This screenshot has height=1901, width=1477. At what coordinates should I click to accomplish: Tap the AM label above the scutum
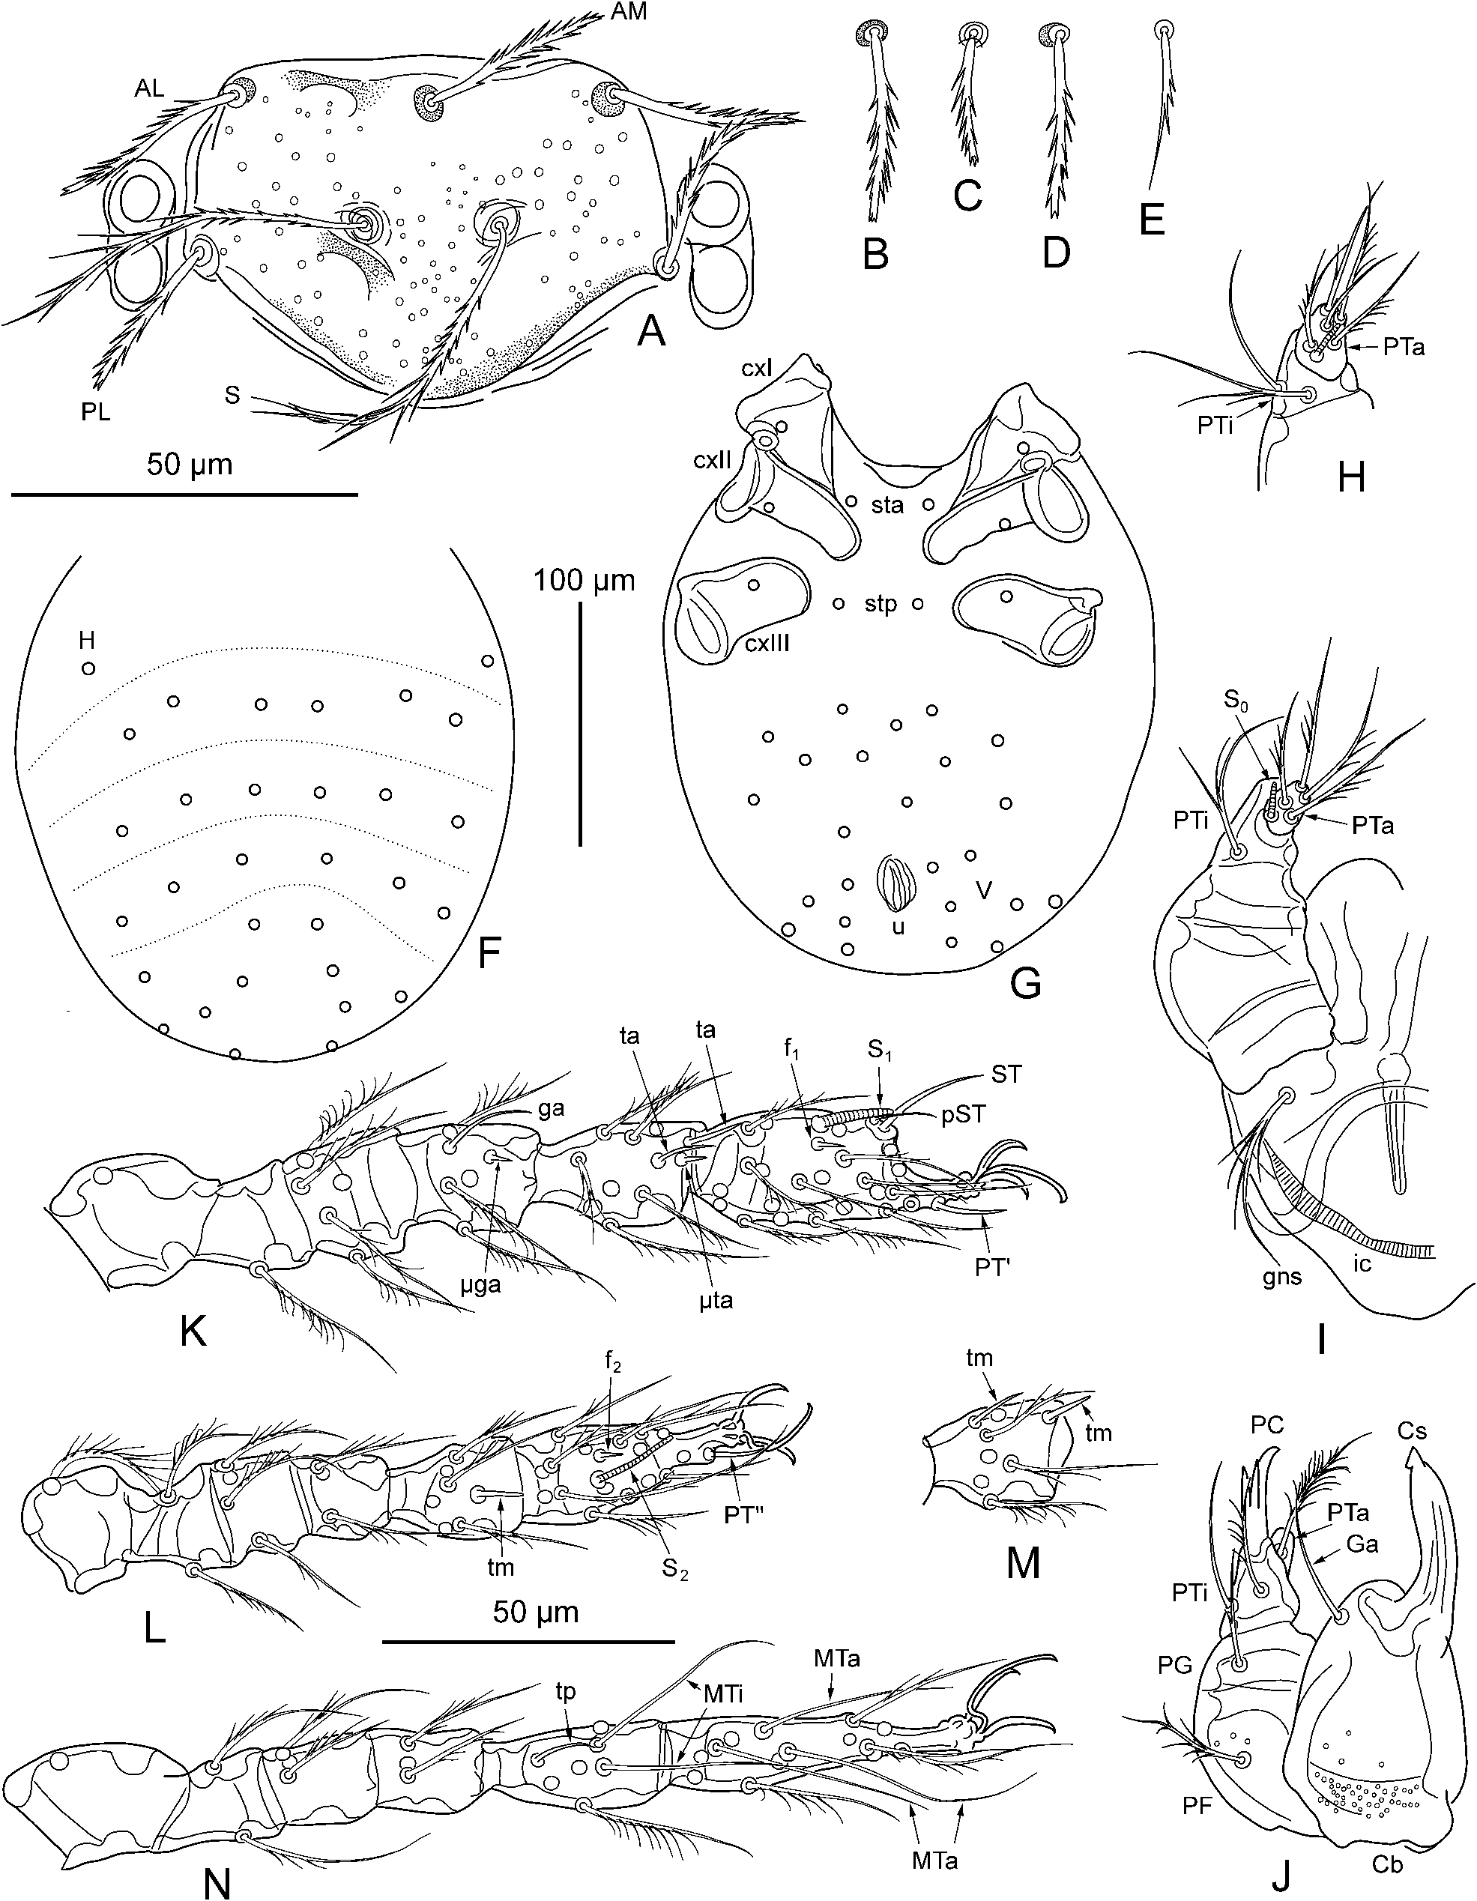tap(627, 11)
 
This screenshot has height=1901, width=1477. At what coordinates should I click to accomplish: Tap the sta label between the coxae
tap(888, 504)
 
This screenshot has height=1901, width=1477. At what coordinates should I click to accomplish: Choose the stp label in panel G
tap(880, 603)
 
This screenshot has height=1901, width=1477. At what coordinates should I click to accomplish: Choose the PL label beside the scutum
tap(96, 413)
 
